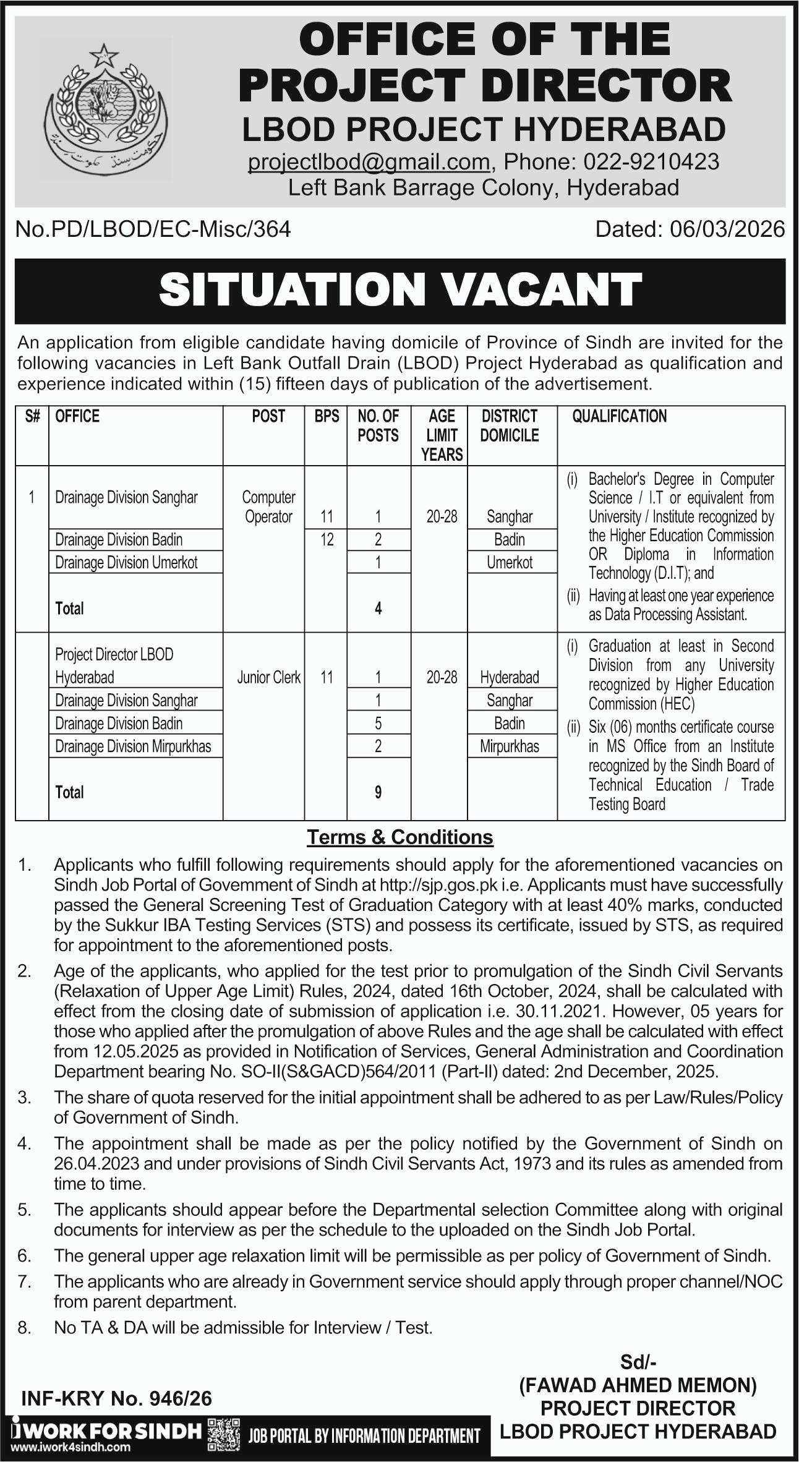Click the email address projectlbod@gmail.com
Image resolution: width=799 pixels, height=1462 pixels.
pos(369,161)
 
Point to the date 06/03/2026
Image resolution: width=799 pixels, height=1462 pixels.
pos(727,229)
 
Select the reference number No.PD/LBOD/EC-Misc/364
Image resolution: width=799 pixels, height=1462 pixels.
pos(153,229)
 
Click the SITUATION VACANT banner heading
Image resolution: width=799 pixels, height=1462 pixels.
pos(399,290)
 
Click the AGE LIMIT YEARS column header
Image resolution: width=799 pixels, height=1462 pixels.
pos(442,435)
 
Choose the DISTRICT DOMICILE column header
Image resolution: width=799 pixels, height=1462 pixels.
pos(510,425)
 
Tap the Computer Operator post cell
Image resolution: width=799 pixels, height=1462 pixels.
pos(268,507)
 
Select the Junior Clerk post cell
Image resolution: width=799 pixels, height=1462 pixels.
pos(268,677)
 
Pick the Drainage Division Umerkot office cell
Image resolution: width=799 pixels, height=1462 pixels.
pos(126,562)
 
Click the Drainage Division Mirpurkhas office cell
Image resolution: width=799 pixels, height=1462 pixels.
pos(133,746)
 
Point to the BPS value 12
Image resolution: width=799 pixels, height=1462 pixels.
pos(327,539)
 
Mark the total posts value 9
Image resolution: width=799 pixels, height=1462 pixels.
pos(378,792)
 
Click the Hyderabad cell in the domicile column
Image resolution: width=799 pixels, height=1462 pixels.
pos(510,677)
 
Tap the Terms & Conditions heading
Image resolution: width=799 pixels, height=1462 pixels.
pos(399,837)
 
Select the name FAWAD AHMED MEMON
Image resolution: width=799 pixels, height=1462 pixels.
pos(638,1384)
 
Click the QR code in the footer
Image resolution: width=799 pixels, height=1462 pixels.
pos(223,1435)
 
